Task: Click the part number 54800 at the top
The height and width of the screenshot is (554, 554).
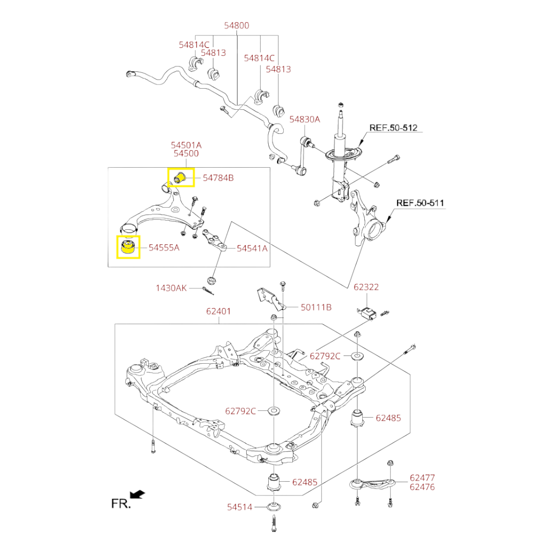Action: click(x=238, y=25)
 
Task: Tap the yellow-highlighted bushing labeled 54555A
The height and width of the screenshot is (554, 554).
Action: click(x=128, y=247)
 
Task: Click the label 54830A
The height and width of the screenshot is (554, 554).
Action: click(x=304, y=119)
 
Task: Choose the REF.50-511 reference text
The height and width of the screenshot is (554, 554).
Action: click(x=420, y=203)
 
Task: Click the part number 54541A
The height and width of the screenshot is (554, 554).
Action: click(x=252, y=248)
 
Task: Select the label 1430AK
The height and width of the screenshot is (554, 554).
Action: click(x=171, y=288)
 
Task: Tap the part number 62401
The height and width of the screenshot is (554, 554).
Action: click(x=219, y=311)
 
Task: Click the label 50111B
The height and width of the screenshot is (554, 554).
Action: click(x=316, y=307)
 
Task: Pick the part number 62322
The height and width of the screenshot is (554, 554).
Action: click(x=366, y=287)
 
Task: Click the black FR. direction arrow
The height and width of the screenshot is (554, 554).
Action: click(x=137, y=494)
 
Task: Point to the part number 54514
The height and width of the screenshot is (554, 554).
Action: click(x=240, y=507)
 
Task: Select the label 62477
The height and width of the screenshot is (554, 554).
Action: click(x=422, y=478)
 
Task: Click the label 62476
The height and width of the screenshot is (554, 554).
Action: click(x=422, y=487)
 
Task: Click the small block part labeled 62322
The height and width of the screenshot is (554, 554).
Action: click(x=367, y=312)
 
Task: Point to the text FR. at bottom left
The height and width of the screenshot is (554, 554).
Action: click(x=121, y=504)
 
